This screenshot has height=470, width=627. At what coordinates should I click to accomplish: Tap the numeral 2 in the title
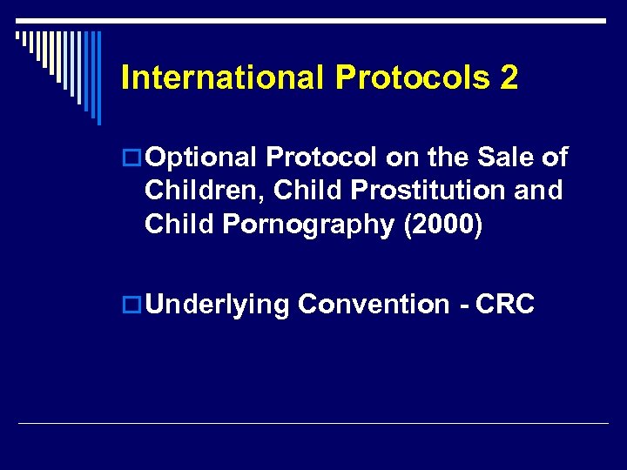509,78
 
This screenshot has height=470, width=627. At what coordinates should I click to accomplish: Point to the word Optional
202,158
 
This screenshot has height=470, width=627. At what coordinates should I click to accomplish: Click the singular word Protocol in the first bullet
321,158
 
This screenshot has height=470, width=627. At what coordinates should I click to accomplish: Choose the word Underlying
217,305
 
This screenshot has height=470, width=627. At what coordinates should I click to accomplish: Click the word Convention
373,305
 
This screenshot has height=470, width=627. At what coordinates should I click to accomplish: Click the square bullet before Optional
132,158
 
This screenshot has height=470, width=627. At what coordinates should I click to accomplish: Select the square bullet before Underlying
132,305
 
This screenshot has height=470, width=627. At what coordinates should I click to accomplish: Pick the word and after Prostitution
538,191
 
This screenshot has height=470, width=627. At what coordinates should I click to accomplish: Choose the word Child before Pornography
179,224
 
